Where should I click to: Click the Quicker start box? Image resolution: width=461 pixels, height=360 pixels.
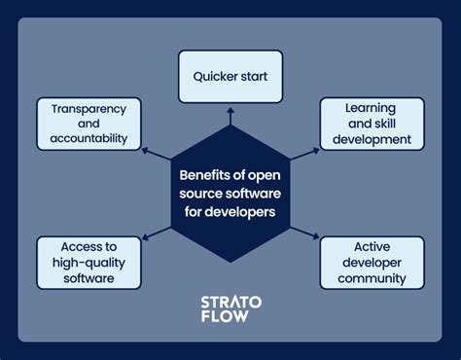pos(230,77)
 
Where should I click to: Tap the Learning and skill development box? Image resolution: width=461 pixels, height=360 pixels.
pos(372,124)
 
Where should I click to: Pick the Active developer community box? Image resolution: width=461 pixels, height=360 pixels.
pos(372,263)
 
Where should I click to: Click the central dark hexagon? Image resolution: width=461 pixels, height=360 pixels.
pos(230,193)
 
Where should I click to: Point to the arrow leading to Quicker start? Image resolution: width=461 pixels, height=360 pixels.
pos(230,116)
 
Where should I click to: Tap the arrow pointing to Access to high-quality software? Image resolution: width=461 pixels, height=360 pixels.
pos(154,233)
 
